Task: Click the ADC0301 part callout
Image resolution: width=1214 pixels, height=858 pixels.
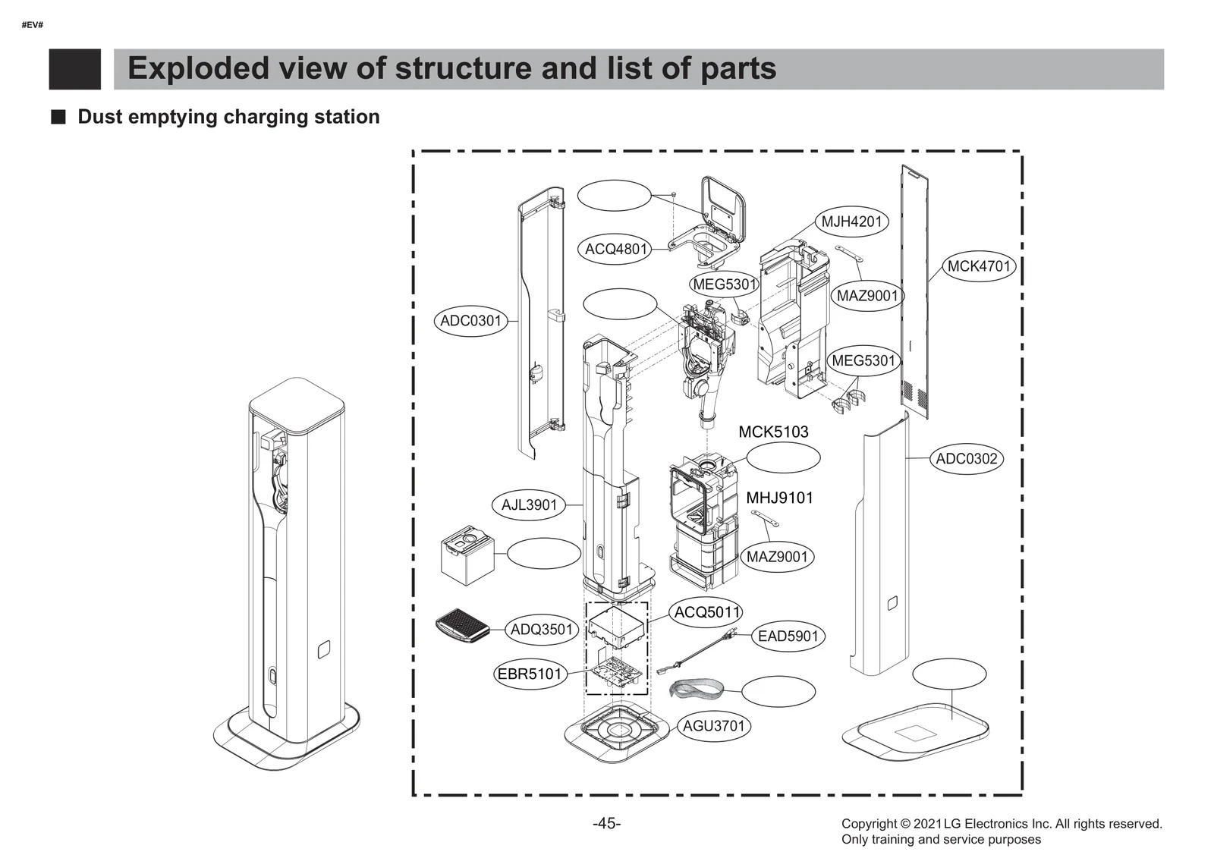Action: [471, 321]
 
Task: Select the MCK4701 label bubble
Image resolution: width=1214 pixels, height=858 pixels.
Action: [979, 266]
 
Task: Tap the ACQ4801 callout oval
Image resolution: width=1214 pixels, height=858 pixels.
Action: [615, 249]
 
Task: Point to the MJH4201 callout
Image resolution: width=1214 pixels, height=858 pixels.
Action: [851, 222]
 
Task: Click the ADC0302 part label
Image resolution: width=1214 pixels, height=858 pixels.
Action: [966, 458]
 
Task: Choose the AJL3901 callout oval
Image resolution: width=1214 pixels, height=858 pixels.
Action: [529, 504]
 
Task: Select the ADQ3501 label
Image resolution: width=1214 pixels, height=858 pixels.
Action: [541, 629]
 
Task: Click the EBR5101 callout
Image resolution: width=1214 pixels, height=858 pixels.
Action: [530, 674]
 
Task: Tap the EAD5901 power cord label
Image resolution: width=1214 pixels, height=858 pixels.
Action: [788, 636]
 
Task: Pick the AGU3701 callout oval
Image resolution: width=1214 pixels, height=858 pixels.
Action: [713, 725]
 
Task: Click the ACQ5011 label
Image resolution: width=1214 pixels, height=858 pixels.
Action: [706, 611]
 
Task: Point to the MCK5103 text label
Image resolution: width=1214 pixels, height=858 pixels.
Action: [773, 432]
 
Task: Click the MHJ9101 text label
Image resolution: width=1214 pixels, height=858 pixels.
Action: [779, 498]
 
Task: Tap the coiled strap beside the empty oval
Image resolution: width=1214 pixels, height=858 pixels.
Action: [696, 689]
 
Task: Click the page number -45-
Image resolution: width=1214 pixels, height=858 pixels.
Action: [606, 823]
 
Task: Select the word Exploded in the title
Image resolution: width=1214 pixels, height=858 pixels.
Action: [198, 68]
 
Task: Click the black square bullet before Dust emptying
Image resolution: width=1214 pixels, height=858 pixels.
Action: [58, 117]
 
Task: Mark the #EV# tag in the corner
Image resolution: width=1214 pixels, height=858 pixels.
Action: [32, 25]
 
